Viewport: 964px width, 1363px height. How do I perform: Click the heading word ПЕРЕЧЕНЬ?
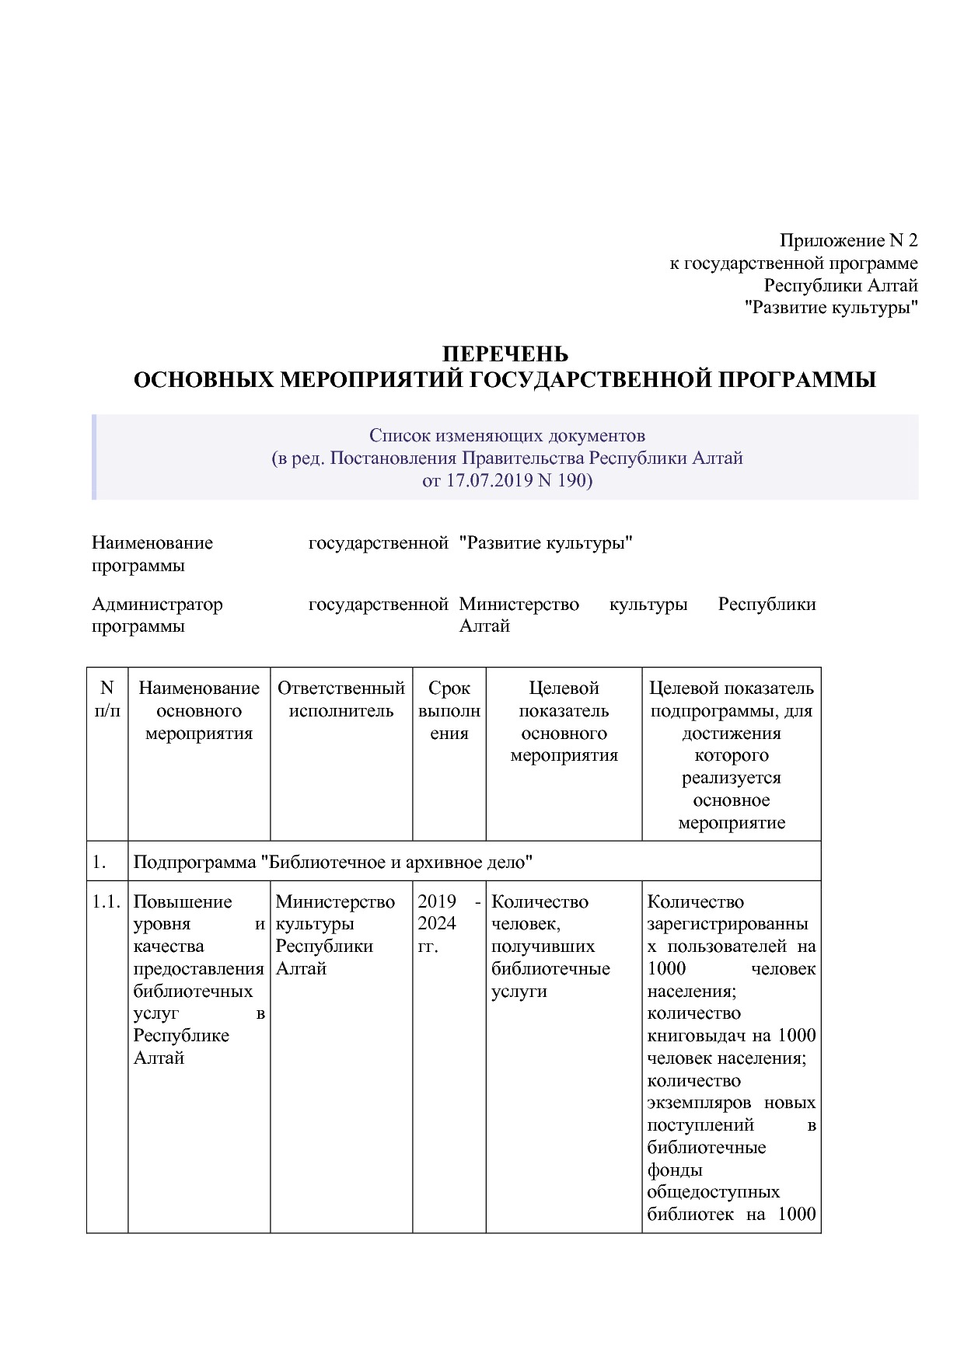pos(505,354)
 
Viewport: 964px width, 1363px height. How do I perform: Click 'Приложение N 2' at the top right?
pos(848,241)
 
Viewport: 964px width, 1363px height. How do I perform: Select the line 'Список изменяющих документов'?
pos(507,435)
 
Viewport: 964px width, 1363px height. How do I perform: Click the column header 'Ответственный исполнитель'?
pos(341,699)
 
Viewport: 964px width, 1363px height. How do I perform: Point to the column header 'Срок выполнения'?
pos(449,710)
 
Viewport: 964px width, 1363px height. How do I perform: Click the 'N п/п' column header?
pos(107,699)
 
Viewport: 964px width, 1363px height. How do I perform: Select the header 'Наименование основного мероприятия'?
pos(199,710)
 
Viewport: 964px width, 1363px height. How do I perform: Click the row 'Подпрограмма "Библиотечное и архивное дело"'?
pos(333,862)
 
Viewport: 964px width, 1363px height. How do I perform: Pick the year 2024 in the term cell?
pos(437,924)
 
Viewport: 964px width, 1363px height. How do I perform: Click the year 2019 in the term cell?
pos(437,901)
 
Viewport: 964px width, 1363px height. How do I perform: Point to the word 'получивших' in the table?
pos(543,946)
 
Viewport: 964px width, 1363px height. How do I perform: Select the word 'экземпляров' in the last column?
pos(699,1103)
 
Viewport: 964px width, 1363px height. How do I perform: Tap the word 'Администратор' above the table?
pos(157,604)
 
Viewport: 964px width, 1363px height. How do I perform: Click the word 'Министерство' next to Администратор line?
pos(519,604)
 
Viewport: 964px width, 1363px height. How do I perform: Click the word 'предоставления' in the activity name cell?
pos(198,969)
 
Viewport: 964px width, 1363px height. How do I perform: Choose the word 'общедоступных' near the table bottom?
pos(713,1192)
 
